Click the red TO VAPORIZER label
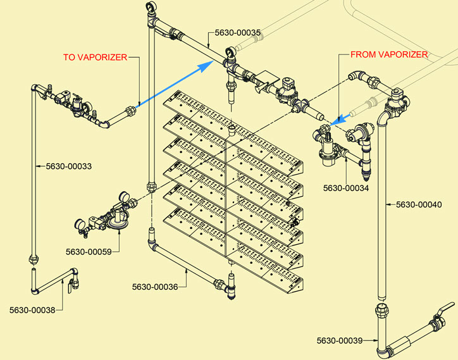coord(95,57)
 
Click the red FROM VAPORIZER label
coord(390,55)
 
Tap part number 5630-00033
coord(69,166)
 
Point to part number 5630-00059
coord(89,252)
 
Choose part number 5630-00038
coord(32,310)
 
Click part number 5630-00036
coord(155,287)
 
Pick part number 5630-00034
coord(346,187)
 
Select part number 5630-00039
coord(340,341)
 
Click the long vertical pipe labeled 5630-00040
coord(382,209)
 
